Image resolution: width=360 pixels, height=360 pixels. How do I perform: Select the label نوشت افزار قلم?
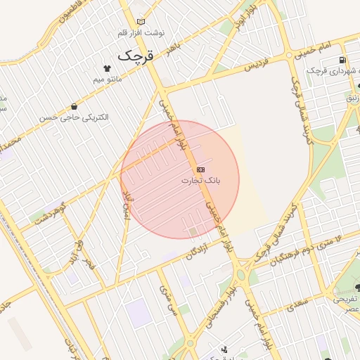point(140,32)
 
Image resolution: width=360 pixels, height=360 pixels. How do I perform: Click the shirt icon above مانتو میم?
point(107,69)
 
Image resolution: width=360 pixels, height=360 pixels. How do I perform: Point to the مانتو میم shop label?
point(107,79)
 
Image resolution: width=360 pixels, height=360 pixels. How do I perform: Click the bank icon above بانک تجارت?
point(201,170)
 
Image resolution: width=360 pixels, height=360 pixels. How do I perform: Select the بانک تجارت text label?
point(201,181)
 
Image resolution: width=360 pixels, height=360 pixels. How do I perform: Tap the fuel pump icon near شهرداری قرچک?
point(342,60)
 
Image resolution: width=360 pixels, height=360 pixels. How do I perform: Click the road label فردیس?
point(257,65)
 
